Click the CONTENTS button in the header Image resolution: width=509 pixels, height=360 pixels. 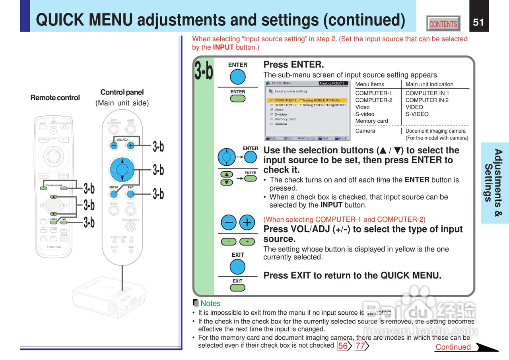[443, 24]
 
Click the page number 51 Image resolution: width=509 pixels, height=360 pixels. [478, 22]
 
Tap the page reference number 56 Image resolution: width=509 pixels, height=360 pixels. [343, 346]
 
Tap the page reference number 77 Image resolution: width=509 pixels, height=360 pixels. [360, 346]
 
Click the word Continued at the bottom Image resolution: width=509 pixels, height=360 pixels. [453, 347]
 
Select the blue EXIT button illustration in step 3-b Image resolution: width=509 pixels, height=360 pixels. [237, 267]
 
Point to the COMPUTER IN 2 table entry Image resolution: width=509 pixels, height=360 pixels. [427, 100]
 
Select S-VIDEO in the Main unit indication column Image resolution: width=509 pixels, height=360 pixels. [417, 114]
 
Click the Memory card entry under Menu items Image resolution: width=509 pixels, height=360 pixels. [371, 121]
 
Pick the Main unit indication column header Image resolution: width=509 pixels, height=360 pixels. [429, 84]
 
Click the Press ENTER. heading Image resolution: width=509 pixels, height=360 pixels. [293, 64]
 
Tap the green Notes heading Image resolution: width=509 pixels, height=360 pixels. [210, 304]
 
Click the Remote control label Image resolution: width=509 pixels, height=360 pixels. [55, 98]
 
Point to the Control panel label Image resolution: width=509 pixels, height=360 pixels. [122, 92]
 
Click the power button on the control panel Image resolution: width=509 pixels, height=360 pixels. [130, 227]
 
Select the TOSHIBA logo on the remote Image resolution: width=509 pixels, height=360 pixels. [54, 247]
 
